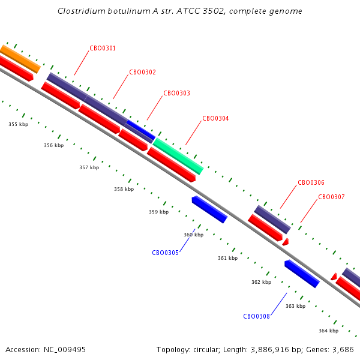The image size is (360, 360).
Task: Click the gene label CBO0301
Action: [x=103, y=48]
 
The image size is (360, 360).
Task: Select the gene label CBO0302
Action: [x=143, y=72]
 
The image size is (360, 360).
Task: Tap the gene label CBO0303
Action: [x=177, y=93]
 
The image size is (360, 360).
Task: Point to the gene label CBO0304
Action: [x=215, y=118]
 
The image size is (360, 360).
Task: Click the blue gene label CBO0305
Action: [x=166, y=253]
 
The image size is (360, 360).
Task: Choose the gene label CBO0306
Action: [x=311, y=182]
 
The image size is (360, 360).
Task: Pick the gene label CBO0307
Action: [x=332, y=197]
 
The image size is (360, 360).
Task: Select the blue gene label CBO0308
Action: [x=256, y=316]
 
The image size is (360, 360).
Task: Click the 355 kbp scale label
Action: [x=19, y=124]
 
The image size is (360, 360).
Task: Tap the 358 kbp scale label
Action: [x=124, y=189]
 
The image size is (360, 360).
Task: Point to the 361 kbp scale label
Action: [x=228, y=258]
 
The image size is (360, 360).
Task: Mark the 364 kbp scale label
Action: [x=329, y=331]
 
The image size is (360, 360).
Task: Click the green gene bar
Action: [x=178, y=156]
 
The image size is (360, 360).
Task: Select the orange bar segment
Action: [x=20, y=59]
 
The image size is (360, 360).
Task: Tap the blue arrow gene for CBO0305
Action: [x=209, y=209]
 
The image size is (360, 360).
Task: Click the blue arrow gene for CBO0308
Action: [x=302, y=274]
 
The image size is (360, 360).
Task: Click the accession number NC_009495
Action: [x=65, y=350]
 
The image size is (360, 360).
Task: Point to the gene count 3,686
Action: [x=343, y=350]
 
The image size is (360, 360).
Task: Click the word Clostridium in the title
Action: [x=81, y=11]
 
